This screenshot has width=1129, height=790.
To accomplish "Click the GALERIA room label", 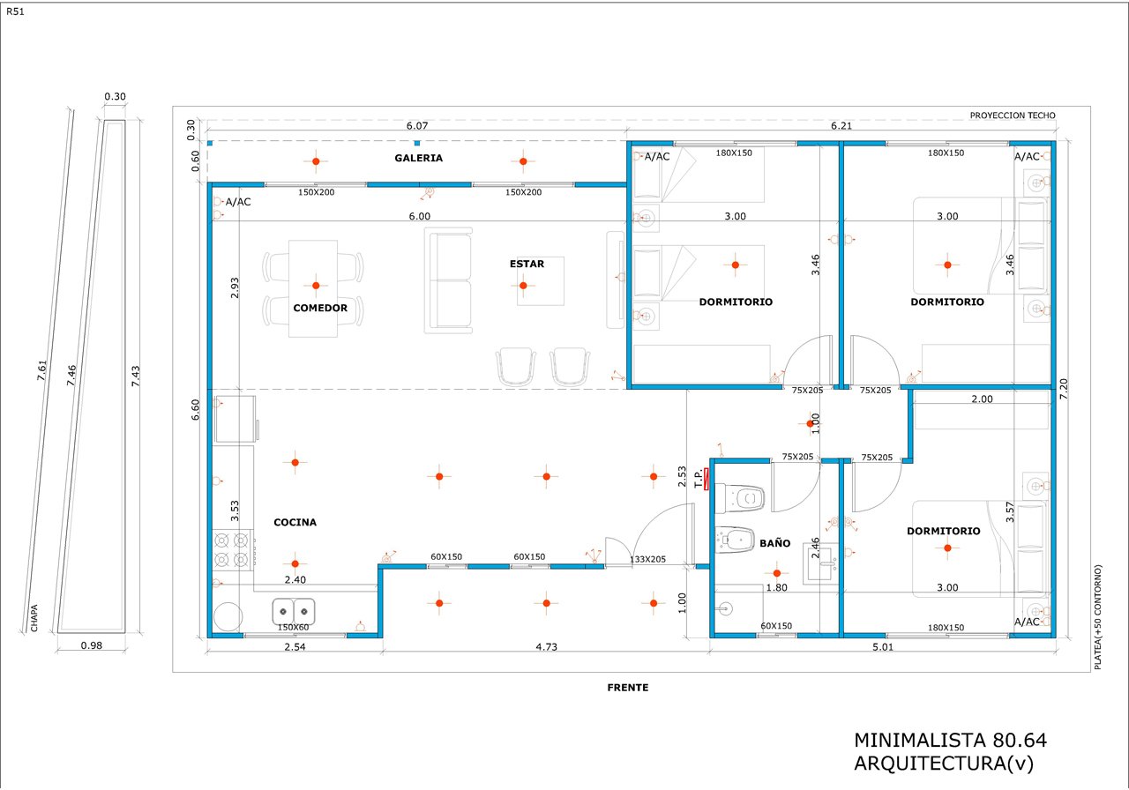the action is [418, 158].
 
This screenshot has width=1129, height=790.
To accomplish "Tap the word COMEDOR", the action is [320, 308].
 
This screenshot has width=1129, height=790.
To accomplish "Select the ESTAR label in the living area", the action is [527, 264].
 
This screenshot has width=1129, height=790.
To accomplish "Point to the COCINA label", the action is [295, 523].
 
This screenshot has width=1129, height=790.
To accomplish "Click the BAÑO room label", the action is [774, 543].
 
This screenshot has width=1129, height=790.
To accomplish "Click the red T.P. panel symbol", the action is [707, 479].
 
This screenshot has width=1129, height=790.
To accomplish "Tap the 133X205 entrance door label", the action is [647, 559].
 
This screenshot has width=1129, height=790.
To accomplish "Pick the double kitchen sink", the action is [294, 612].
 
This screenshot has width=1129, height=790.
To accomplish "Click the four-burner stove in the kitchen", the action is [233, 550].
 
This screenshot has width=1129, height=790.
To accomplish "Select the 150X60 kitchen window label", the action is [293, 627].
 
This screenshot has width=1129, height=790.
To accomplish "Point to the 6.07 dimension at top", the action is [417, 125].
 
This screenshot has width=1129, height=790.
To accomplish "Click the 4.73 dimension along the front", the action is [546, 647].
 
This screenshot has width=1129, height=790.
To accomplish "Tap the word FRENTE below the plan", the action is [627, 688].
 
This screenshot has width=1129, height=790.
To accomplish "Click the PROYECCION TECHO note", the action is [1013, 116].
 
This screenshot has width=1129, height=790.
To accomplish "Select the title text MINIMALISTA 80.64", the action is [950, 740].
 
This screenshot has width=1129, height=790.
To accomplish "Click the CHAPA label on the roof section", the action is [34, 618].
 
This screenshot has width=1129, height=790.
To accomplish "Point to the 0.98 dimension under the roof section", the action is [91, 645].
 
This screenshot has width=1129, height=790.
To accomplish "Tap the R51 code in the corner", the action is [15, 11].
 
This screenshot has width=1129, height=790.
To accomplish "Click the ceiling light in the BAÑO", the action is [777, 573].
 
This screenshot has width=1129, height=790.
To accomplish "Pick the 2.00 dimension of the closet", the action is [982, 399].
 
